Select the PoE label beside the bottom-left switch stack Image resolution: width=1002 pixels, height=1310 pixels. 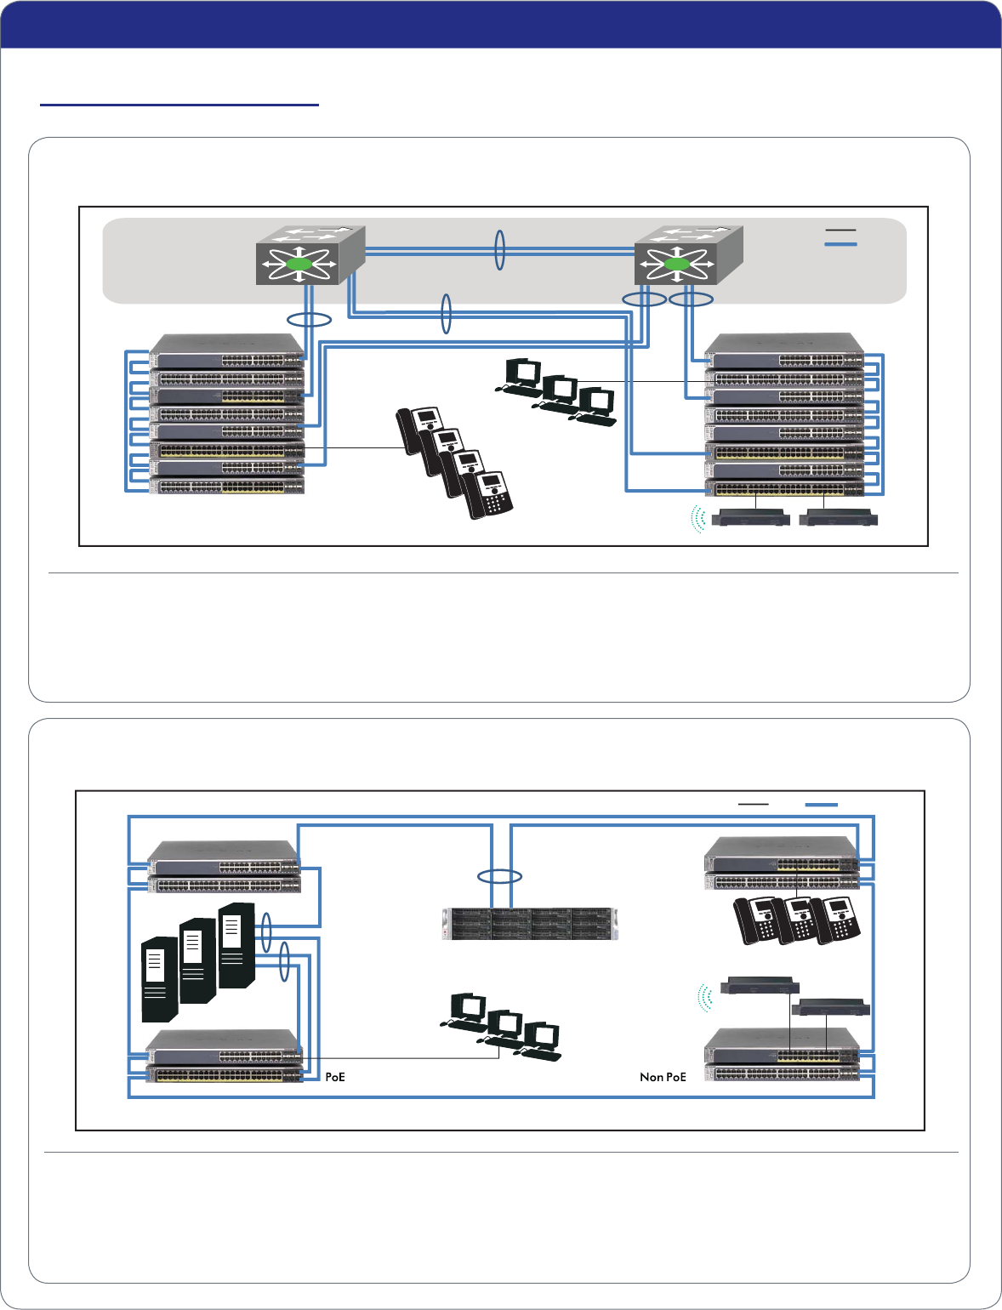tap(335, 1077)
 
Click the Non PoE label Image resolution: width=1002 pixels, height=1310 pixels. tap(663, 1077)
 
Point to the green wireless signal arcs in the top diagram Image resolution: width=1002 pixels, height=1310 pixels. tap(698, 518)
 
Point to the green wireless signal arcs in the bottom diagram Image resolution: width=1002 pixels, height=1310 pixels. tap(703, 998)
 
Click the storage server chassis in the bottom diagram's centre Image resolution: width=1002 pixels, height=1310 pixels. tap(530, 924)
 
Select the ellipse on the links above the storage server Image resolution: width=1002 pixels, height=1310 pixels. tap(500, 876)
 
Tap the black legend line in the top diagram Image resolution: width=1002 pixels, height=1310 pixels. tap(840, 230)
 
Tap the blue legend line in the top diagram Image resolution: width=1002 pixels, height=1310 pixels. tap(840, 245)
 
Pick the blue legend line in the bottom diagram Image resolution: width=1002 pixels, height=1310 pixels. tap(821, 804)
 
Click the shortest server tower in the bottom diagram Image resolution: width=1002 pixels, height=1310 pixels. tap(159, 978)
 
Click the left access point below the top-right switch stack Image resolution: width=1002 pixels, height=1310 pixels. tap(750, 516)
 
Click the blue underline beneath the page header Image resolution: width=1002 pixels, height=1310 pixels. tap(179, 105)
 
